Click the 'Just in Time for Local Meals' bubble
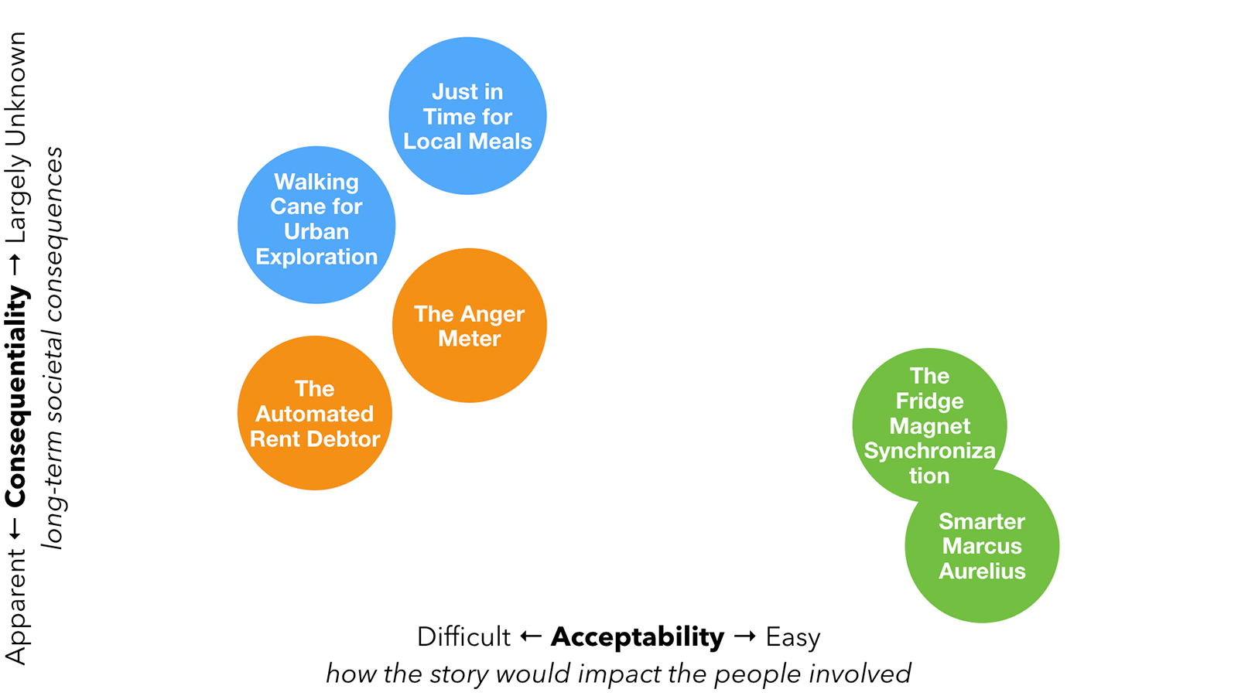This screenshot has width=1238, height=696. pyautogui.click(x=467, y=116)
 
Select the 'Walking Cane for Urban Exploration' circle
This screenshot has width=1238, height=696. pyautogui.click(x=316, y=224)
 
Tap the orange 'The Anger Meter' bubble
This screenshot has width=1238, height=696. pyautogui.click(x=470, y=326)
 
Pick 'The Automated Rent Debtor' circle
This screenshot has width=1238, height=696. pyautogui.click(x=315, y=413)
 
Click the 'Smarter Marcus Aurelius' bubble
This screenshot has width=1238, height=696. pyautogui.click(x=982, y=546)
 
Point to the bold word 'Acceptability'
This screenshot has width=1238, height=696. pyautogui.click(x=638, y=637)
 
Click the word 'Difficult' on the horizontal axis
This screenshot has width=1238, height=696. pyautogui.click(x=463, y=637)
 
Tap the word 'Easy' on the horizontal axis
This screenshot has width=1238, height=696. pyautogui.click(x=793, y=637)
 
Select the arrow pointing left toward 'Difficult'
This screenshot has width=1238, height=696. pyautogui.click(x=531, y=636)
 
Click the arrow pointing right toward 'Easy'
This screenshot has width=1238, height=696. pyautogui.click(x=744, y=636)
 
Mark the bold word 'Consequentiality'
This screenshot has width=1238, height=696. pyautogui.click(x=17, y=396)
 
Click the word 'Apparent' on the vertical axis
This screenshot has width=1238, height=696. pyautogui.click(x=17, y=606)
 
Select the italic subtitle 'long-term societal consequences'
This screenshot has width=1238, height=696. pyautogui.click(x=53, y=348)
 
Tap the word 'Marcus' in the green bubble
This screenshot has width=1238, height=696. pyautogui.click(x=982, y=546)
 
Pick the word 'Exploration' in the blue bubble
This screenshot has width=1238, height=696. pyautogui.click(x=316, y=257)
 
